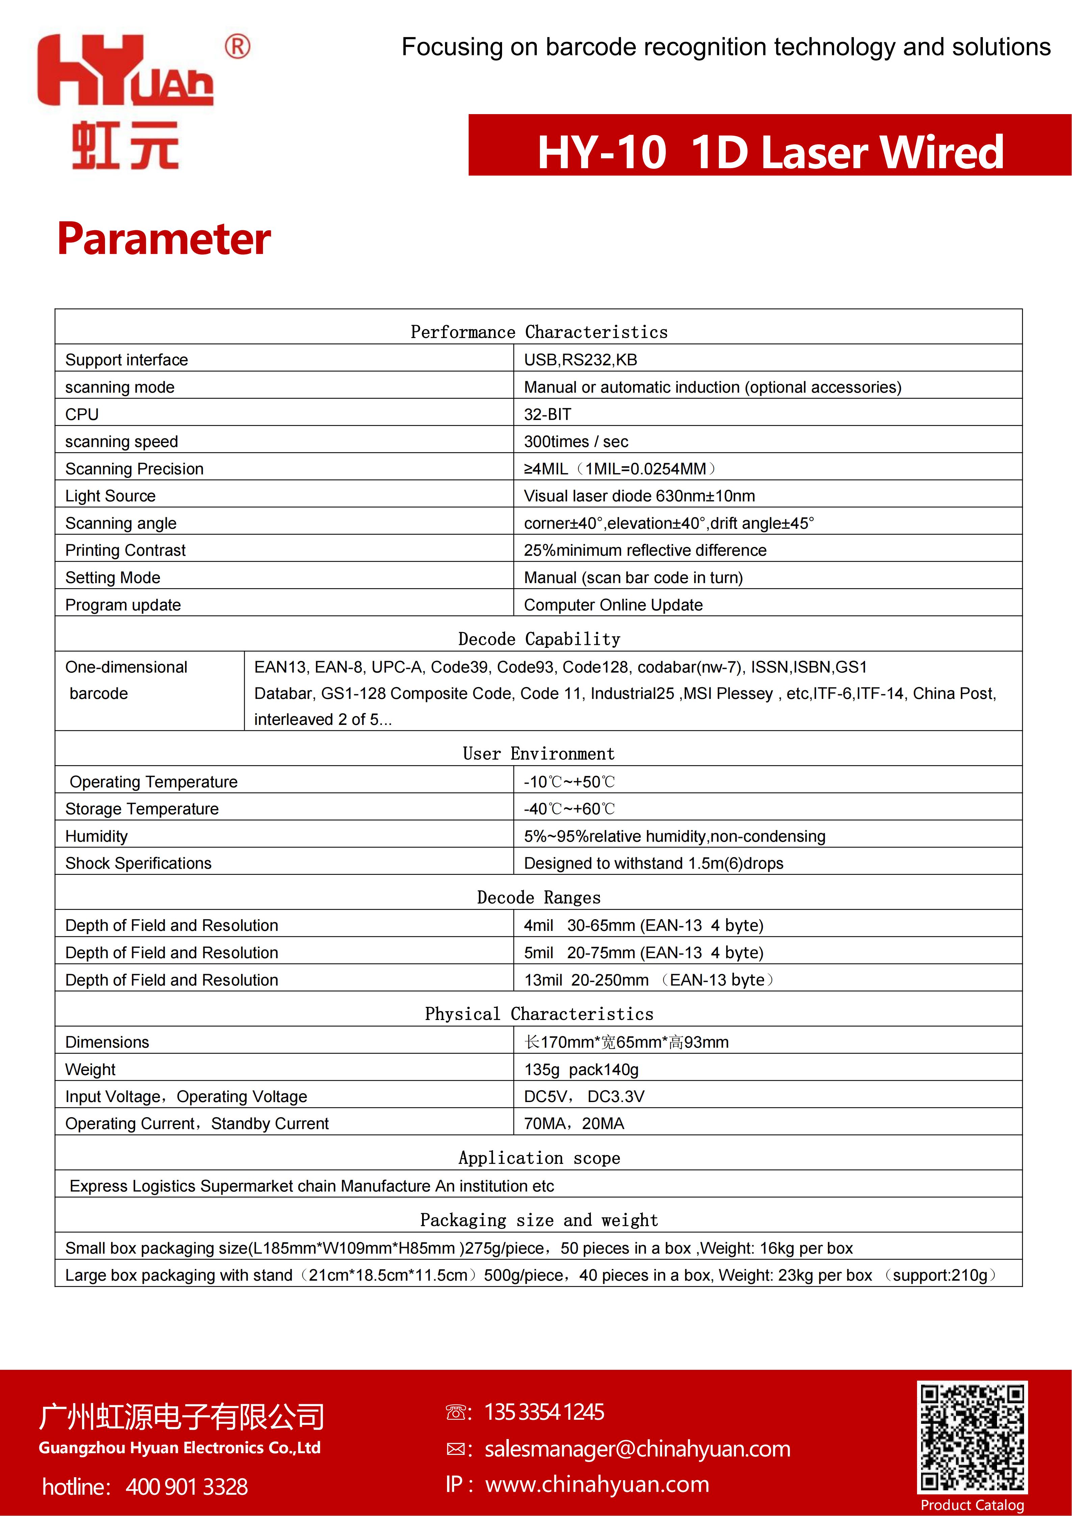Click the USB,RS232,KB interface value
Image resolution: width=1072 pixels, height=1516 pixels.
pos(580,360)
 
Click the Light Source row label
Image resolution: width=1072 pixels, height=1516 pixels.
pos(110,496)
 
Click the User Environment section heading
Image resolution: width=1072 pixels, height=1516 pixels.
pos(539,753)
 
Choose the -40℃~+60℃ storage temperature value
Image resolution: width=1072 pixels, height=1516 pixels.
pos(569,809)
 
